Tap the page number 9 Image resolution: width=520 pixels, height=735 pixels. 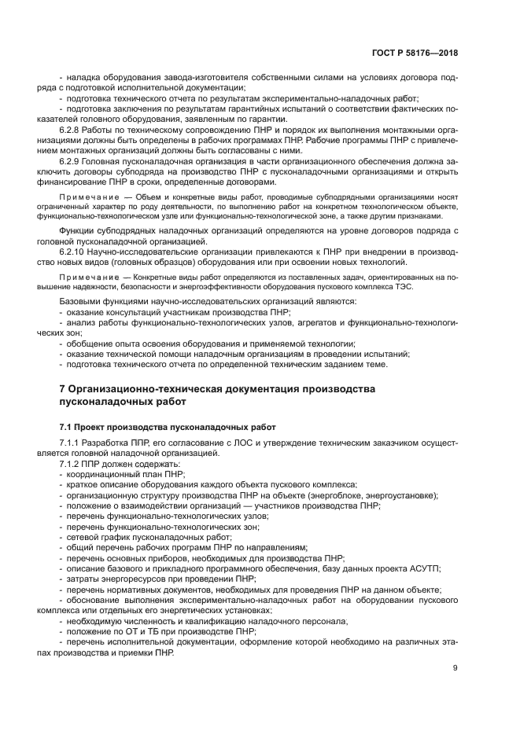(x=455, y=668)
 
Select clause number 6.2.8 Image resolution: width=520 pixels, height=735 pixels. (x=72, y=129)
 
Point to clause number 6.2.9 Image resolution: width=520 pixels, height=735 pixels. (x=72, y=160)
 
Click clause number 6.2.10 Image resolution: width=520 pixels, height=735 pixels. (x=74, y=241)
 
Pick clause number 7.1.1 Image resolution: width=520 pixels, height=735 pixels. (x=72, y=445)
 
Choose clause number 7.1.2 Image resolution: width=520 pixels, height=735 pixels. (x=72, y=465)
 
